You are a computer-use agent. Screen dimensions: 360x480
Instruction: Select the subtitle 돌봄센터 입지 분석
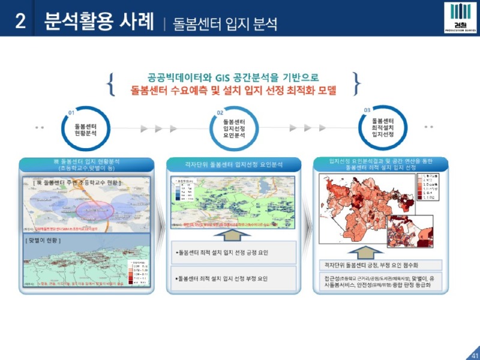point(225,24)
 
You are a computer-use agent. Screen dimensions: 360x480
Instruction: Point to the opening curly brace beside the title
point(112,84)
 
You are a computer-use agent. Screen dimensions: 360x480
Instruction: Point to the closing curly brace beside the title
point(357,84)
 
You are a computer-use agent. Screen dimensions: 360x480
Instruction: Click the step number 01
point(71,112)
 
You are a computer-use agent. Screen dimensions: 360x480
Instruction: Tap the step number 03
point(367,110)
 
